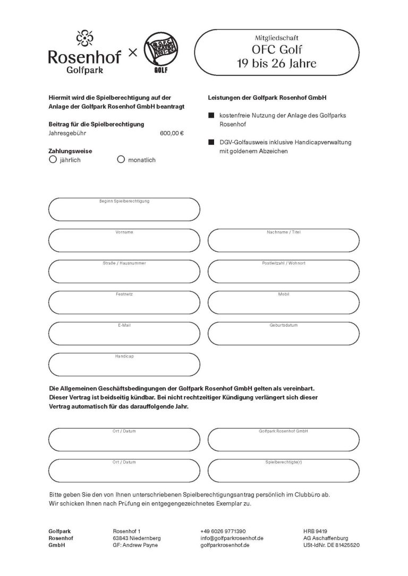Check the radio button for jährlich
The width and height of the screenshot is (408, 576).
click(x=53, y=159)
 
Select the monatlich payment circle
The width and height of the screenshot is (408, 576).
click(x=121, y=159)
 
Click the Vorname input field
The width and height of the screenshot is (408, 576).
click(x=124, y=241)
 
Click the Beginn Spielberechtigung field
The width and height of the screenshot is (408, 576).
click(x=124, y=210)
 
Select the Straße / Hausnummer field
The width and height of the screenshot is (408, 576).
click(x=124, y=272)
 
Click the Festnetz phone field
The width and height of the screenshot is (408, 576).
click(x=124, y=302)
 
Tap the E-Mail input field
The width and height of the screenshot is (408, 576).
click(x=124, y=333)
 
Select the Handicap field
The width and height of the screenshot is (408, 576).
click(x=124, y=364)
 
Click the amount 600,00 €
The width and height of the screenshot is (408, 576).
click(x=171, y=133)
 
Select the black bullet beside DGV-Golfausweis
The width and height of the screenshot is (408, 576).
click(x=211, y=142)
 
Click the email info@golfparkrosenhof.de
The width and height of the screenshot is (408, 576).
click(x=232, y=538)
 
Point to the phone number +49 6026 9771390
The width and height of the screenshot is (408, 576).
click(x=223, y=531)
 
